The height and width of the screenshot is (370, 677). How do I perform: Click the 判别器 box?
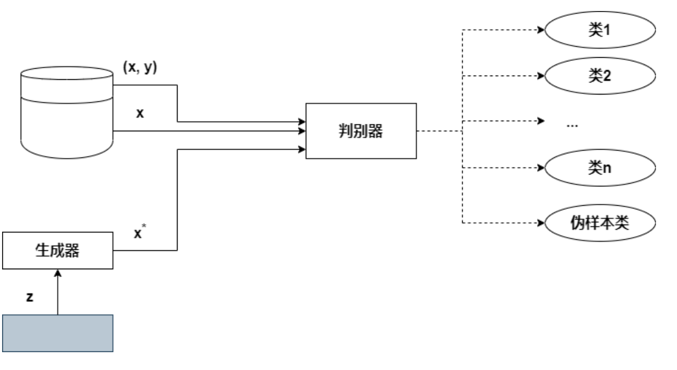360,131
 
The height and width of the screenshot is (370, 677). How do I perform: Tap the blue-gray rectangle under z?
58,332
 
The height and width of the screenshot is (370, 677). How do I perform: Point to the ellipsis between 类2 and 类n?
574,125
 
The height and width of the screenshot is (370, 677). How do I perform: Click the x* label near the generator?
139,232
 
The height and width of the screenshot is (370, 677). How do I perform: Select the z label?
30,297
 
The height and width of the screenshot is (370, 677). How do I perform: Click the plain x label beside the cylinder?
140,113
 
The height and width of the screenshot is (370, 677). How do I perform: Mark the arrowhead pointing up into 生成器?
58,274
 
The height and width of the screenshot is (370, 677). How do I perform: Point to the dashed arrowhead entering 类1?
541,30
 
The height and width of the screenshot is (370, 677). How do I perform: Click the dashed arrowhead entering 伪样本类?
541,224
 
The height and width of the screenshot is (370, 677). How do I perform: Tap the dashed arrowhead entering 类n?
541,168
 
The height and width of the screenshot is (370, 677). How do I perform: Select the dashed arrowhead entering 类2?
541,75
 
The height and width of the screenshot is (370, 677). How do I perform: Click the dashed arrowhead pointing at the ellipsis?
541,122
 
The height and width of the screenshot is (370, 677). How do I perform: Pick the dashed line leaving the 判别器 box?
439,131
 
